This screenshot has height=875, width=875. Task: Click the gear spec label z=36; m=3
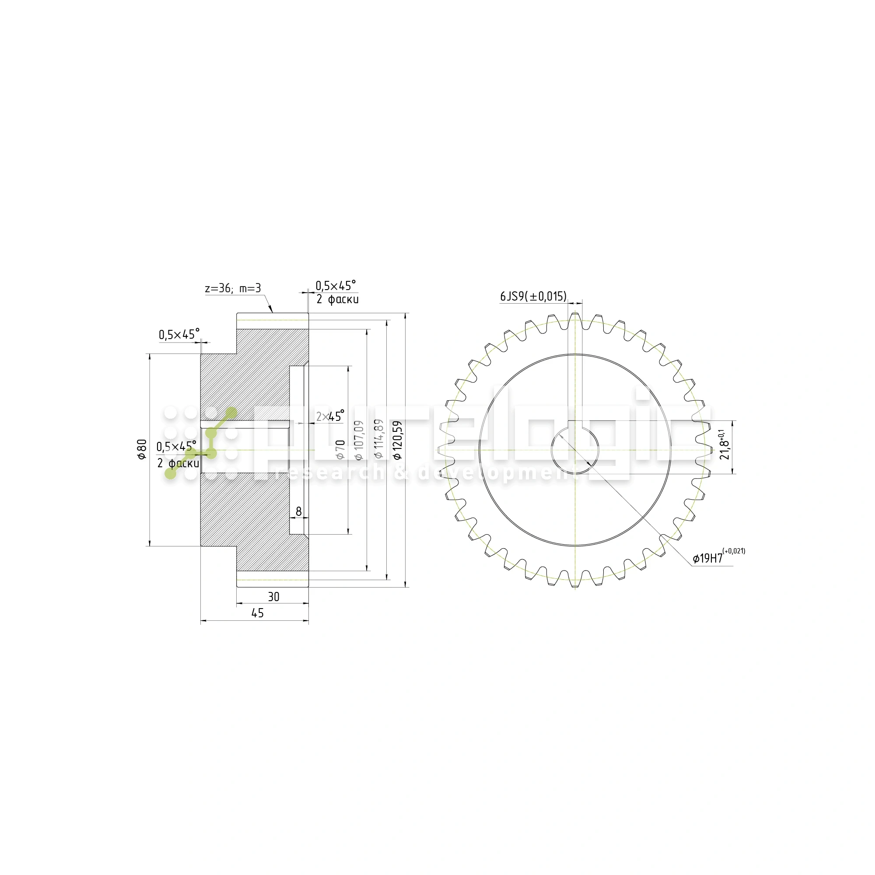click(x=233, y=288)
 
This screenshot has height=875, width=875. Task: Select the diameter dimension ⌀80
click(x=142, y=449)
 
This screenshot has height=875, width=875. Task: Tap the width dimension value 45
click(x=257, y=613)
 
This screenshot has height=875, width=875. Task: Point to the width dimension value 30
click(x=273, y=597)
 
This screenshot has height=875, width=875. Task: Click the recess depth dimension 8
click(x=298, y=512)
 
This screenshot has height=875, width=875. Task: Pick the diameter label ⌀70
click(x=340, y=449)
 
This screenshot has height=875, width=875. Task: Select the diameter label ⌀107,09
click(x=359, y=440)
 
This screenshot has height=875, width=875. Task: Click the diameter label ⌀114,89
click(x=378, y=438)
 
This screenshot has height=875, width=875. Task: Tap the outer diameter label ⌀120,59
click(x=398, y=440)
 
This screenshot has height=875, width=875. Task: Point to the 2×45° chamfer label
click(x=330, y=416)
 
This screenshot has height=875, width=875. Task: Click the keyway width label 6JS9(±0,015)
click(x=533, y=297)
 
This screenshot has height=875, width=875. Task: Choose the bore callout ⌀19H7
click(x=708, y=558)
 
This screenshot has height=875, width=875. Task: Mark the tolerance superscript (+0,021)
click(x=734, y=551)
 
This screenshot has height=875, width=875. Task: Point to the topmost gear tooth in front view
click(x=575, y=317)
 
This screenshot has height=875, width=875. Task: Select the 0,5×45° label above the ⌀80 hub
click(x=179, y=335)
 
